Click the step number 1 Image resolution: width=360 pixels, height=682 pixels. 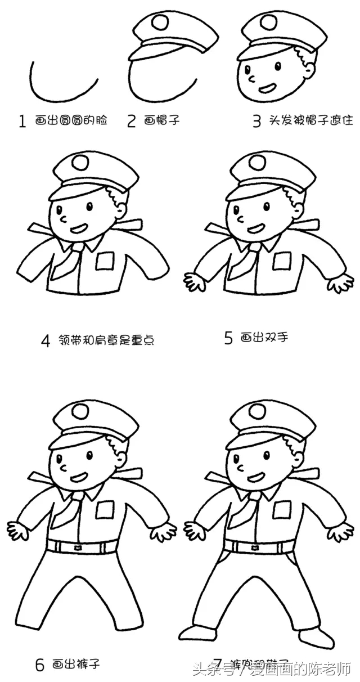coord(22,121)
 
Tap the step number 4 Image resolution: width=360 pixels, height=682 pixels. coord(46,340)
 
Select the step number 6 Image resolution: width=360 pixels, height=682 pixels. coord(39,666)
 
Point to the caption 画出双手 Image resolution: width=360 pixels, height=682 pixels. coord(264,338)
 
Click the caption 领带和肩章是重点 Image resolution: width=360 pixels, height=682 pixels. coord(105,340)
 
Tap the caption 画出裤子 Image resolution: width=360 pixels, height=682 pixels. coord(77,665)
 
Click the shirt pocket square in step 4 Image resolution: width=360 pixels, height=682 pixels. coord(105,261)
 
